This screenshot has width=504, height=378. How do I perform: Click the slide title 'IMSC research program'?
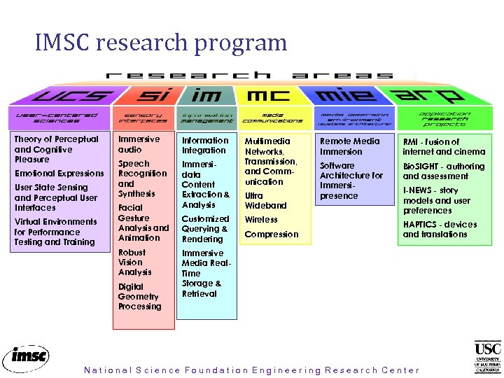[x=161, y=43]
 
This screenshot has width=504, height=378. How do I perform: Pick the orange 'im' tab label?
[x=206, y=94]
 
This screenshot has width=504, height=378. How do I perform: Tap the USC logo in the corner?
[x=488, y=357]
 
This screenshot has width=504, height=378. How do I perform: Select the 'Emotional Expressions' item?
[x=59, y=174]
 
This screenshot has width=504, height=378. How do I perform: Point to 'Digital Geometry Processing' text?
[x=139, y=297]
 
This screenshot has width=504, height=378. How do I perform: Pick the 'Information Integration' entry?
[x=204, y=146]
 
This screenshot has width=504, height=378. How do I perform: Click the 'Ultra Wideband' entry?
[x=265, y=201]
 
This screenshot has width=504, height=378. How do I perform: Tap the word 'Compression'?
[x=271, y=234]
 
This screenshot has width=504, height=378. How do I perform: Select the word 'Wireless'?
[x=261, y=220]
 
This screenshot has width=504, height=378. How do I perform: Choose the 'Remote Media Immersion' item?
[x=349, y=146]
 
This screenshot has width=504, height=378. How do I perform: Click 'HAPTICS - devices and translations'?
[x=440, y=230]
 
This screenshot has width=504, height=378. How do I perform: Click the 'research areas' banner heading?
[x=249, y=75]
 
